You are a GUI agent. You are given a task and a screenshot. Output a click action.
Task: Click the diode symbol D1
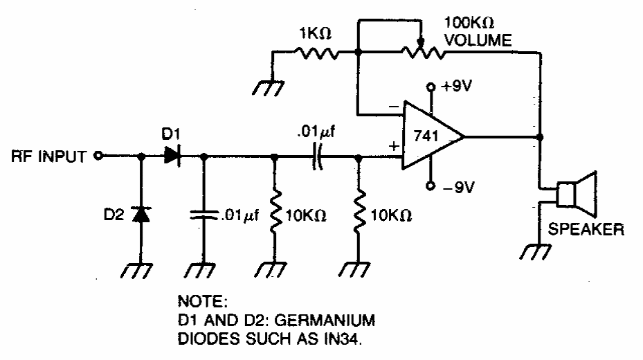[172, 156]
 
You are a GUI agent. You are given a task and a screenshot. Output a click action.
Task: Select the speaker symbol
[577, 192]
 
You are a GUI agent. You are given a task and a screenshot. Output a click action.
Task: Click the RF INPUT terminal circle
[98, 156]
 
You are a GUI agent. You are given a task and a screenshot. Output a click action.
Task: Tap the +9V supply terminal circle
[431, 88]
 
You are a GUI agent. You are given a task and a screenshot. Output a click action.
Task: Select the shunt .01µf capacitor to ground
[205, 214]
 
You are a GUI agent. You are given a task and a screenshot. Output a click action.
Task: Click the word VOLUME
[478, 41]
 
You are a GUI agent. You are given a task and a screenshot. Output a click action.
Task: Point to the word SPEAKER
[586, 228]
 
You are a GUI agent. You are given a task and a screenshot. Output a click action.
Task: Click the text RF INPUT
[48, 156]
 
